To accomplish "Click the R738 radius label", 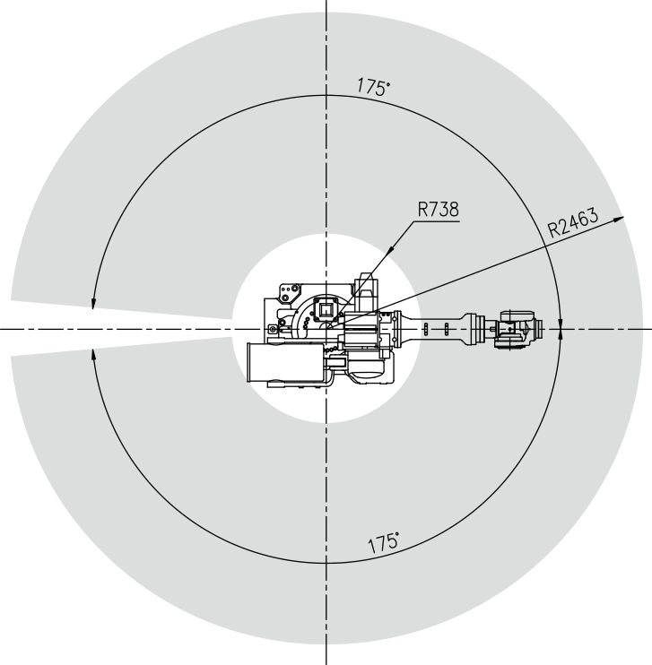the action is tap(438, 210).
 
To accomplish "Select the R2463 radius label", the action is tap(573, 222).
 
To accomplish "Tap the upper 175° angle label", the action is tap(373, 87).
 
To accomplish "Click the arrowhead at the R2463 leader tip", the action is tap(619, 219).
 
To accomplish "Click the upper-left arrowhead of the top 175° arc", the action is tap(93, 303).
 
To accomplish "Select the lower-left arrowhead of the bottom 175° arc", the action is tap(93, 355).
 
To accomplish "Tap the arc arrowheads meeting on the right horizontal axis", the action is tap(561, 329).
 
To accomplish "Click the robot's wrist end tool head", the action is tap(517, 330).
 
